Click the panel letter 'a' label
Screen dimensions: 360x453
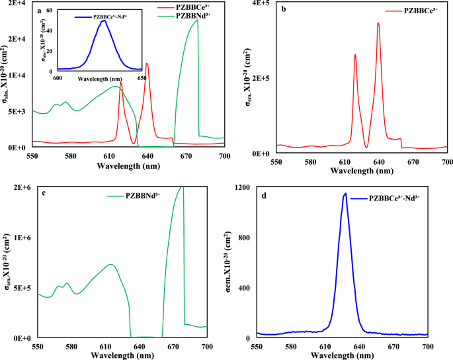point(40,11)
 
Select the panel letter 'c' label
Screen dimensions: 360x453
point(42,193)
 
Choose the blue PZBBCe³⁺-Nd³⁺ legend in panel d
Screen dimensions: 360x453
point(395,197)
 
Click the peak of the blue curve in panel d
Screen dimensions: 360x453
point(345,193)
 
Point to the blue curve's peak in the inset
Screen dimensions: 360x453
point(104,21)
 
